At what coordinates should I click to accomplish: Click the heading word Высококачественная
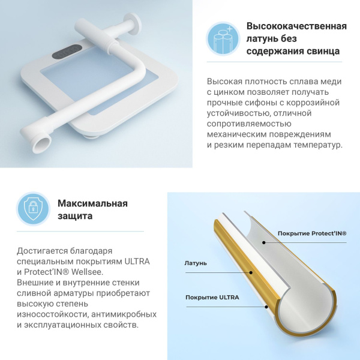click(x=296, y=26)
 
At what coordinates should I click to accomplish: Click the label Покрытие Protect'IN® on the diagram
click(x=312, y=233)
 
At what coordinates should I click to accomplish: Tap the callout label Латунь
click(x=196, y=263)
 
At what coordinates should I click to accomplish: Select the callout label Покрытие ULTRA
click(x=212, y=298)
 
